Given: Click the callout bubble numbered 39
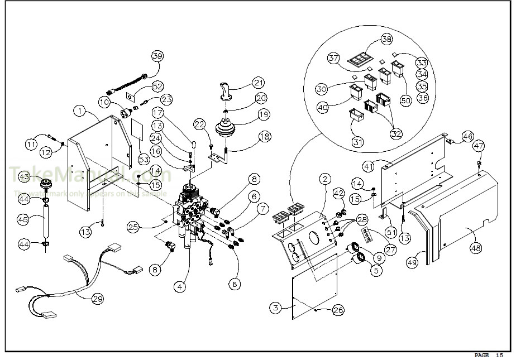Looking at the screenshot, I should (157, 56).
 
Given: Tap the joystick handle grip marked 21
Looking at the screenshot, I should (226, 90).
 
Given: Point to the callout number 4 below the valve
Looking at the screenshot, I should (179, 287).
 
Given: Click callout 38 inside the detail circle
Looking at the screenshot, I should (385, 39).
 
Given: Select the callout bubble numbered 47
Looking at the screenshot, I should (479, 146).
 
